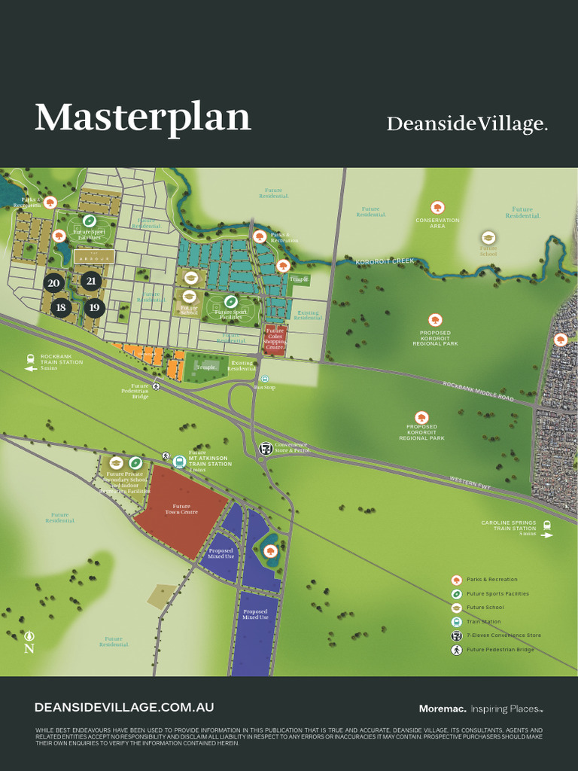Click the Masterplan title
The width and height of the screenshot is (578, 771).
[x=142, y=118]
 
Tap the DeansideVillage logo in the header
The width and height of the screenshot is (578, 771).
[x=467, y=124]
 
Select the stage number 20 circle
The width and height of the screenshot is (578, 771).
[x=53, y=284]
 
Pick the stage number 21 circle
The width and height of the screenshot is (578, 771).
[x=91, y=282]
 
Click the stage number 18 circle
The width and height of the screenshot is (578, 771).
[x=61, y=307]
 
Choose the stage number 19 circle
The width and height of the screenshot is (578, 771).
[x=94, y=307]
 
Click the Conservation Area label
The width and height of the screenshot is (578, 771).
[x=437, y=223]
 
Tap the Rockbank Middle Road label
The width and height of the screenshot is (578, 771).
[x=477, y=391]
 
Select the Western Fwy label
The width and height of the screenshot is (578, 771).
[x=470, y=483]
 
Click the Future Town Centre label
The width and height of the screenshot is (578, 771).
[x=181, y=510]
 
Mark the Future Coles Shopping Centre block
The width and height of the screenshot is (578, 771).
[x=275, y=340]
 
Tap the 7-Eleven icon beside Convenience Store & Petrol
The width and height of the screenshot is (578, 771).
[x=265, y=448]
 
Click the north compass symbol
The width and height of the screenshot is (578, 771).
[x=29, y=641]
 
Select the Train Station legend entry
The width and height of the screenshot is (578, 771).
[x=482, y=622]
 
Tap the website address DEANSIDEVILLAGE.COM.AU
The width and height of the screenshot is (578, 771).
[x=124, y=708]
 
